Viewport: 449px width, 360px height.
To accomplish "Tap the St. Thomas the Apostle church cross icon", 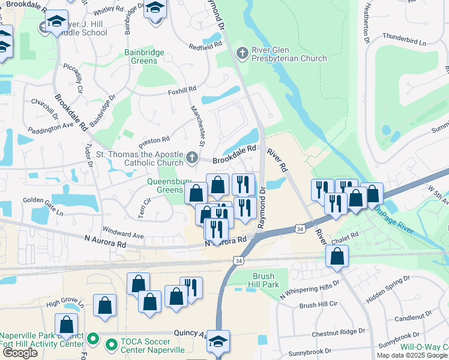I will [191, 158].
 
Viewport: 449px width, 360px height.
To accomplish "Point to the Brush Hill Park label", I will [263, 280].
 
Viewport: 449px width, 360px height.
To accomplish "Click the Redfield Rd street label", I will [205, 46].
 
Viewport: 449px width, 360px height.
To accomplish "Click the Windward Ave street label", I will [123, 231].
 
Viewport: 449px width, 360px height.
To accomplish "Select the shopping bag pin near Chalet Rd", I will [337, 256].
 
